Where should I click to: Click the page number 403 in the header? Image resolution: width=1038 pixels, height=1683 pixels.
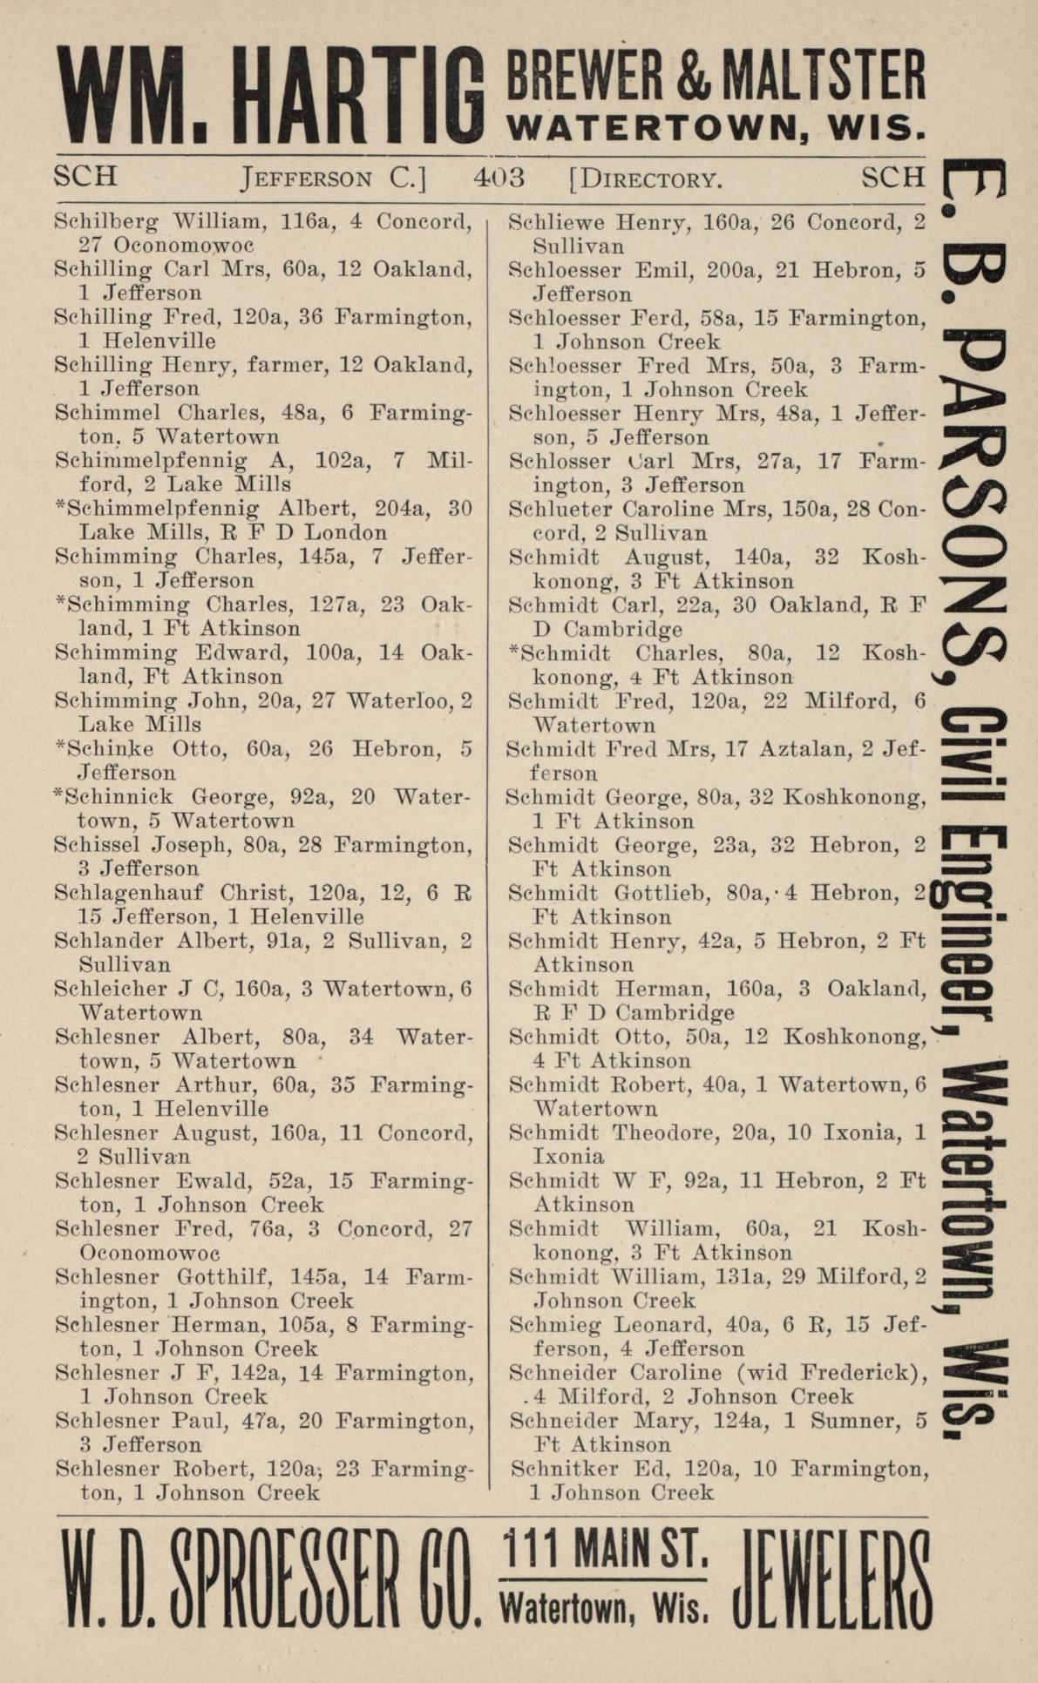(499, 178)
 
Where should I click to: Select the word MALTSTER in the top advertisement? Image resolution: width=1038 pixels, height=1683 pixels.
(828, 76)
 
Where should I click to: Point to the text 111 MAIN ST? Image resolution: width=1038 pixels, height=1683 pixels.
(606, 1551)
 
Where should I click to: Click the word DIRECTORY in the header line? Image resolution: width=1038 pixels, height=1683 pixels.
(651, 181)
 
